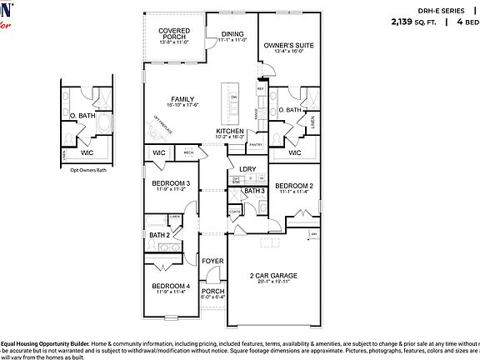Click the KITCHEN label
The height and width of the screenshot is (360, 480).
click(230, 132)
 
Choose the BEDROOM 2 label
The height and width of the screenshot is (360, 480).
click(294, 185)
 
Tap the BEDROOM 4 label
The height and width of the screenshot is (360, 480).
click(171, 286)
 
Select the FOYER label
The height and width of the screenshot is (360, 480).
click(213, 262)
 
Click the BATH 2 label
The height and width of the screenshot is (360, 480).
click(160, 236)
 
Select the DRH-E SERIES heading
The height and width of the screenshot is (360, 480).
click(440, 10)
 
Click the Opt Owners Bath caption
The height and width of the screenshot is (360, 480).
click(87, 169)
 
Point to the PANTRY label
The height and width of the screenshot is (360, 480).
click(256, 145)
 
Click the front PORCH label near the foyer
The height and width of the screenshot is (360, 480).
click(213, 291)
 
